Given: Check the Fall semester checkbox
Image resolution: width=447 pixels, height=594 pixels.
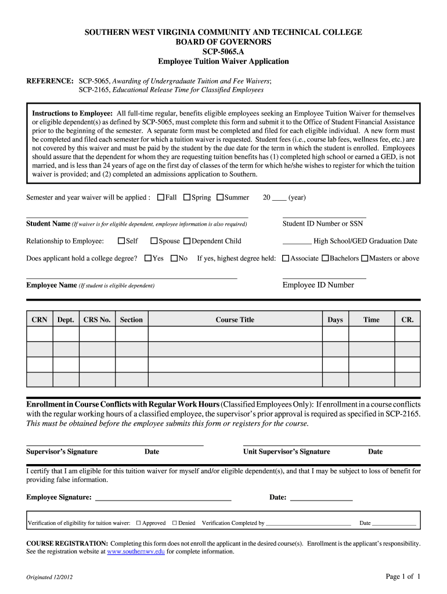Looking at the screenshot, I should (x=161, y=197).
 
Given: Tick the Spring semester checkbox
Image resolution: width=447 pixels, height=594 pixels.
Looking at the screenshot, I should (x=187, y=197).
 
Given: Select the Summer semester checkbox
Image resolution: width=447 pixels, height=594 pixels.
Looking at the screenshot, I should (x=220, y=197).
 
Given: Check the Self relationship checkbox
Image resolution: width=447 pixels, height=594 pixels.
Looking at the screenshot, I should (x=121, y=241).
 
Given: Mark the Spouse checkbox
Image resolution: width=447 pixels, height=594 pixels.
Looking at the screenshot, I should (x=154, y=241).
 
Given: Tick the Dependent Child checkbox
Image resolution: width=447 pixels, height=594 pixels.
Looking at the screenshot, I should (x=187, y=241).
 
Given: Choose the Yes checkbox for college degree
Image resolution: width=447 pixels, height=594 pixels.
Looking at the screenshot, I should (x=148, y=258).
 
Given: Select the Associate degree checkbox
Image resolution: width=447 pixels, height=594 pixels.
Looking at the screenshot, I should (x=285, y=258).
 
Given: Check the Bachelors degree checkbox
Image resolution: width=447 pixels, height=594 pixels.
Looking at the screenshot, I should (x=325, y=258).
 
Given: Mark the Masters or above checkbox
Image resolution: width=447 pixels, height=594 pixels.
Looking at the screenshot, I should (x=365, y=258).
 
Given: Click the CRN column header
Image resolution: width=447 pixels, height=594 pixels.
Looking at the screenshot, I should (x=39, y=320).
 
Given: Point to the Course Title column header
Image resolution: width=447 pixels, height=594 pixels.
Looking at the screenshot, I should (x=235, y=320).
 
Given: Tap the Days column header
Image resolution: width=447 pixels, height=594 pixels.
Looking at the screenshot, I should (x=335, y=320).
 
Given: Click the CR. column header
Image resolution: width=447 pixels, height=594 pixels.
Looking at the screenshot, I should (x=408, y=320).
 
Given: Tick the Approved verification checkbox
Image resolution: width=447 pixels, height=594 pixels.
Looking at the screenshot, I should (x=139, y=523).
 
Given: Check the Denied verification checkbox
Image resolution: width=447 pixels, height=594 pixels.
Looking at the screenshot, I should (x=174, y=523).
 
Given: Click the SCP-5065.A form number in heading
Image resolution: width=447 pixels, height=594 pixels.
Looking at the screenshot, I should (x=223, y=52).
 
